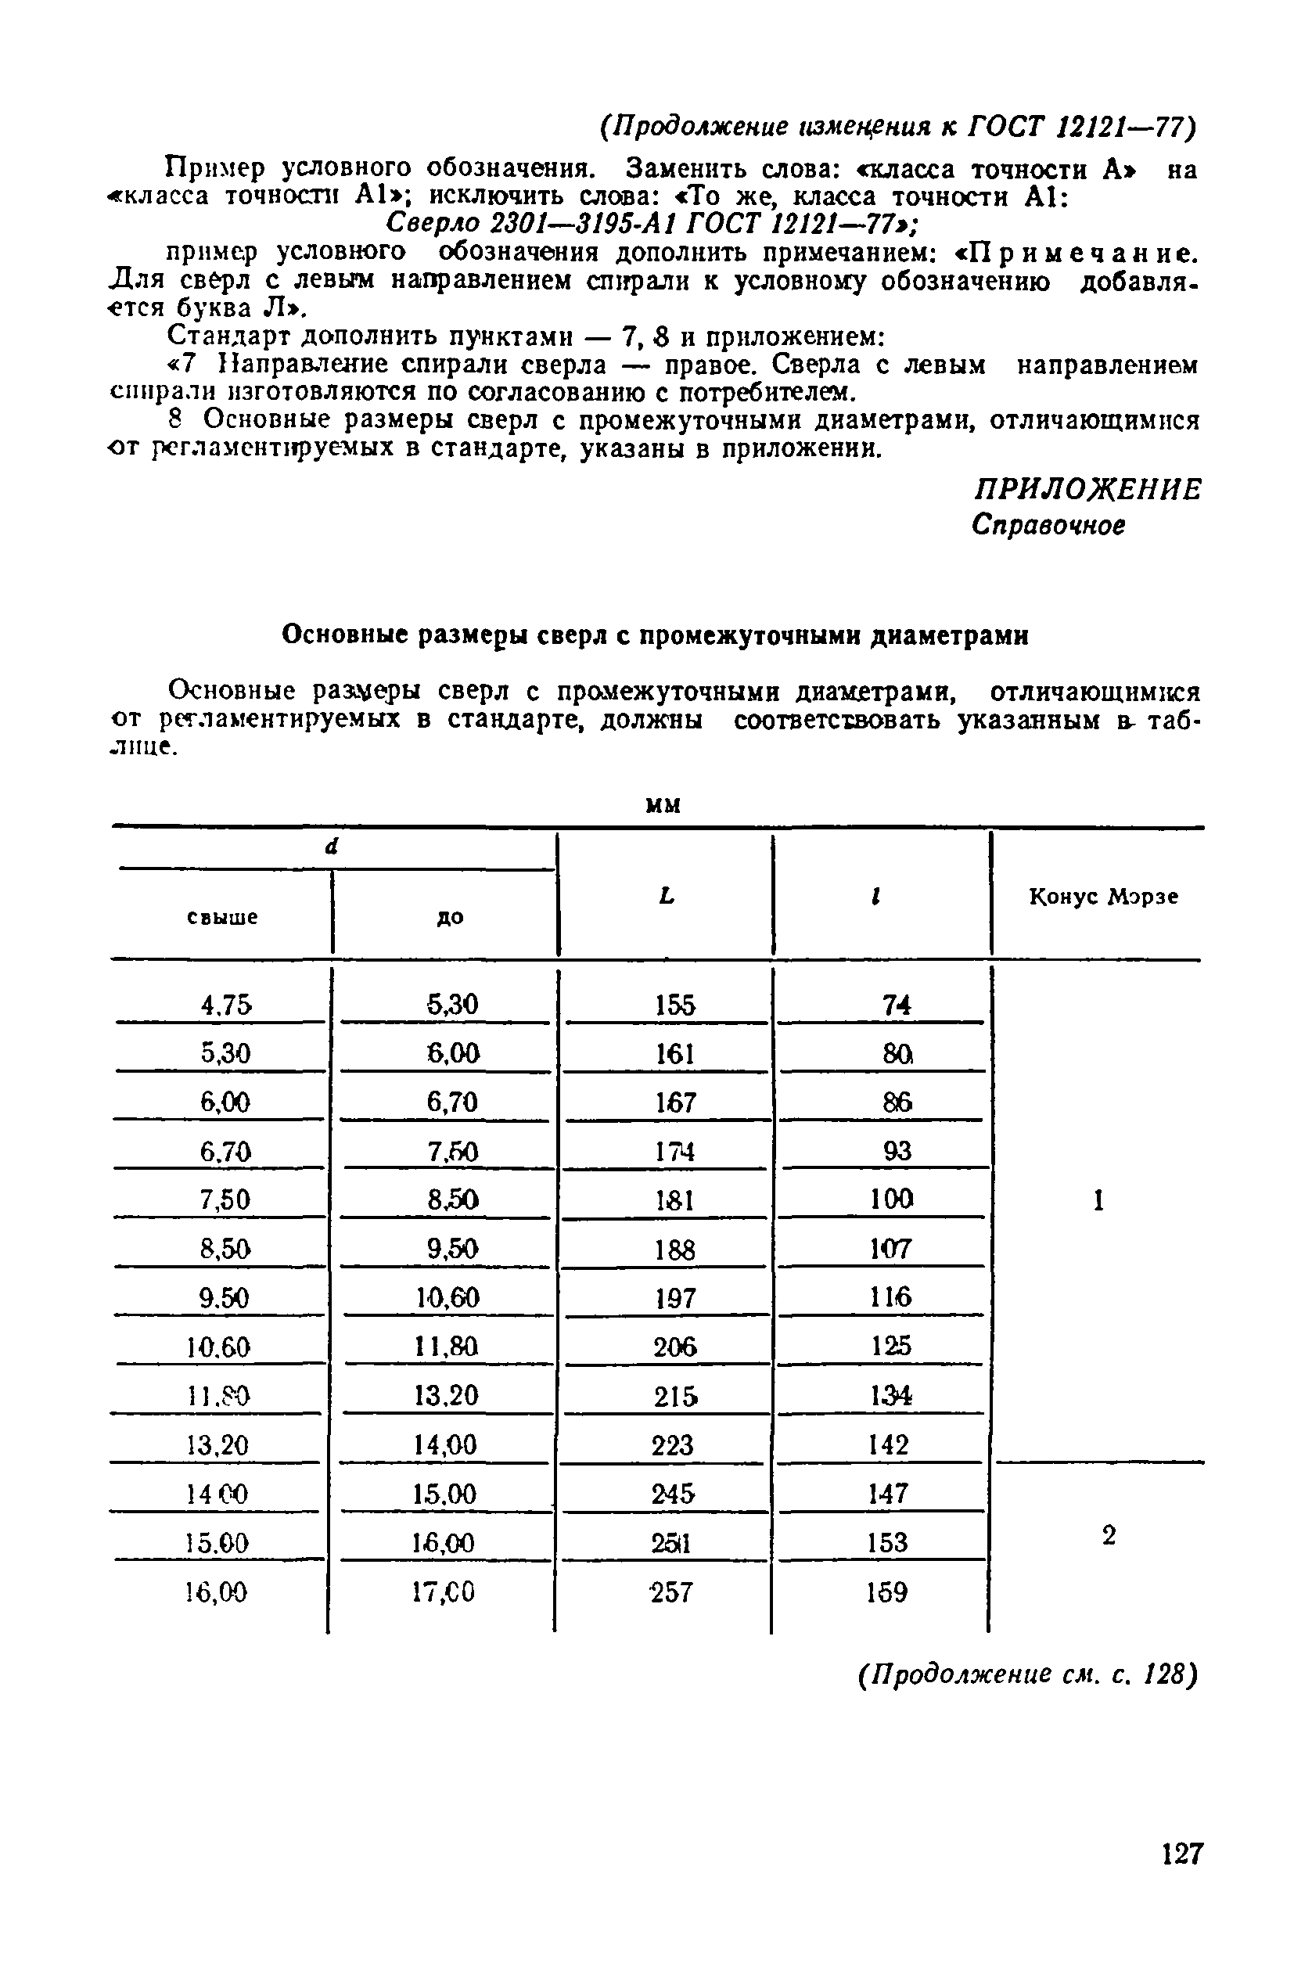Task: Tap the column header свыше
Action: point(221,917)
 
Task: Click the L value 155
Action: point(675,1004)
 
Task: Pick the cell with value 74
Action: point(896,1005)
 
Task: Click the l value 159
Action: point(887,1592)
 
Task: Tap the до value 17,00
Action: point(444,1592)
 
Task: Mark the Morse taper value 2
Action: point(1109,1535)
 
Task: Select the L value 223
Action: point(672,1445)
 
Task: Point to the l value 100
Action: point(890,1199)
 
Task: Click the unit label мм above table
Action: point(664,805)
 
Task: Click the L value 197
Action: point(674,1299)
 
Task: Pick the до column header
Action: point(450,917)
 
